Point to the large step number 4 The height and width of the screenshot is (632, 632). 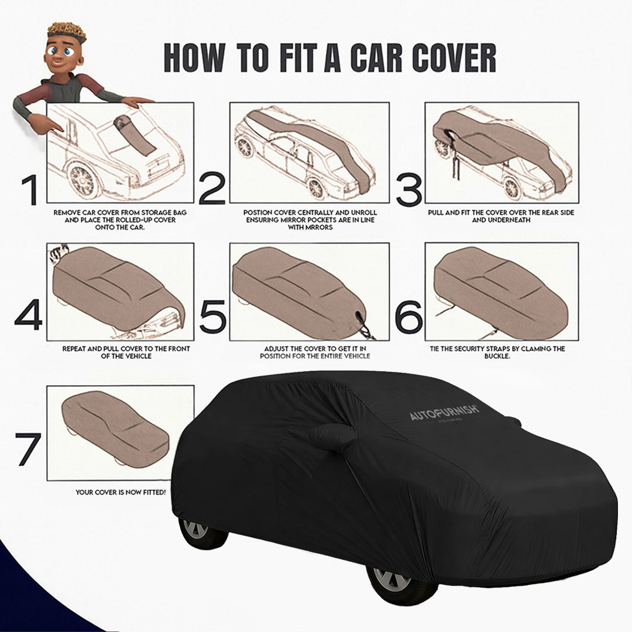point(29,316)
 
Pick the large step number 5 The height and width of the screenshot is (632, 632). point(212,316)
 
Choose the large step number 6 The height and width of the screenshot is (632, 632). point(408,316)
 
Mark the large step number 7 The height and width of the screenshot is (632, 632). point(29,449)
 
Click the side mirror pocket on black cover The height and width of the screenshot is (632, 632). point(332,438)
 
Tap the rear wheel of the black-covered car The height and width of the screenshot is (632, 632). point(197,530)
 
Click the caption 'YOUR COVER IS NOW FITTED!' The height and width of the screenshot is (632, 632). point(121,493)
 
